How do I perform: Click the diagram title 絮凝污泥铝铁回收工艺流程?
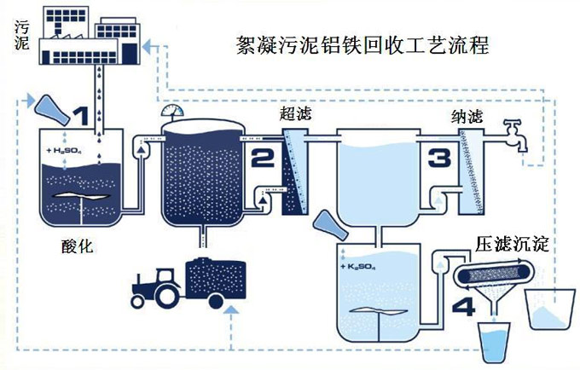point(363,44)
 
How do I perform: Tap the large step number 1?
point(80,116)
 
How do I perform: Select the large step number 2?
point(261,157)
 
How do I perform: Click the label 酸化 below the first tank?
point(77,247)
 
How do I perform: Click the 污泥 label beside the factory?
point(20,33)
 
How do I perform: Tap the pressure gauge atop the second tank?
point(169,112)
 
